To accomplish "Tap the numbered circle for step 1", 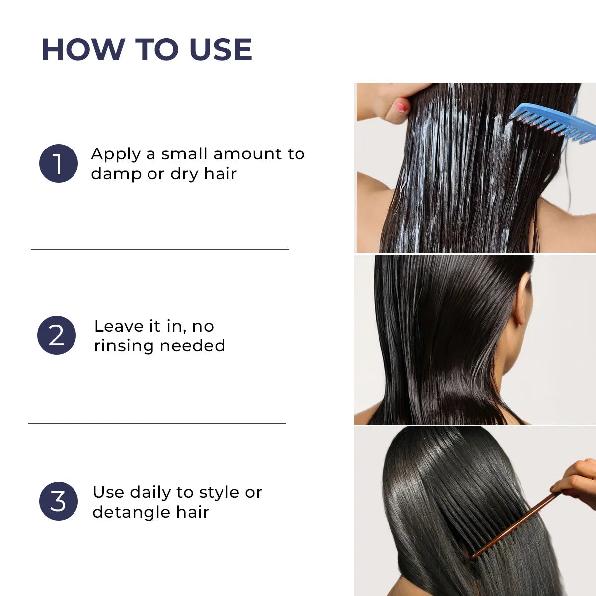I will pos(59,163).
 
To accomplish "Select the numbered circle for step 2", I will pos(57,335).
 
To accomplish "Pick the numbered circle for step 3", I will pos(59,501).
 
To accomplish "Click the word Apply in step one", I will pos(116,154).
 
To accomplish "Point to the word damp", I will pos(116,174).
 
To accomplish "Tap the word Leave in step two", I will pos(119,326).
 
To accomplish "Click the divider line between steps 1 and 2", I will pos(159,249).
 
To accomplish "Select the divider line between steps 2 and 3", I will pos(157,423).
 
